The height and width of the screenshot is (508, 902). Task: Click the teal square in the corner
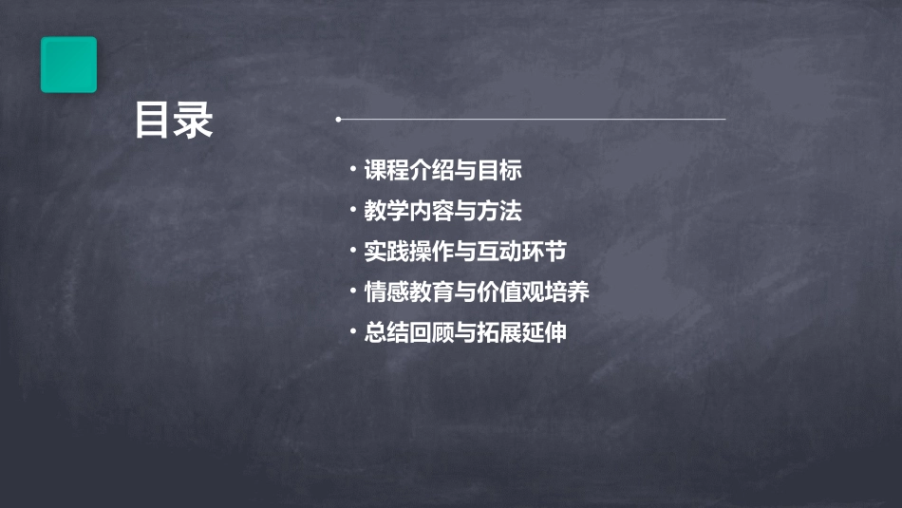tap(68, 65)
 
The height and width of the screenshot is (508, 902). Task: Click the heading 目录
tap(174, 121)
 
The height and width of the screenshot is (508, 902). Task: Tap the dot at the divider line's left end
tap(339, 120)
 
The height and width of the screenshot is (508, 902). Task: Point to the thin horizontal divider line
tap(532, 120)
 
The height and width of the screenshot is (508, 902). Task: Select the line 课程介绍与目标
tap(442, 171)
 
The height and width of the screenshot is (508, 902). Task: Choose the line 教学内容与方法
tap(442, 211)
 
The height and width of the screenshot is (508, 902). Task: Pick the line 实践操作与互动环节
tap(465, 252)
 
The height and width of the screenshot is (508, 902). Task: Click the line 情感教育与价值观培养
tap(477, 292)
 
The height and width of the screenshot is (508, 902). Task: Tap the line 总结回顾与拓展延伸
tap(465, 332)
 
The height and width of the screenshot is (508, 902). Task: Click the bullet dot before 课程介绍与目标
tap(353, 170)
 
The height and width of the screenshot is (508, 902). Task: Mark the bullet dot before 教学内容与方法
tap(353, 210)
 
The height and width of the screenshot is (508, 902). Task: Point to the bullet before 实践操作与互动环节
tap(353, 251)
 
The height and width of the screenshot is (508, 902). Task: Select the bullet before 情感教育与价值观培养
tap(353, 291)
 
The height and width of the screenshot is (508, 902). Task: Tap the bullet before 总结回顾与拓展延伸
tap(353, 331)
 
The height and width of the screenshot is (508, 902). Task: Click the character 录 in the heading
tap(194, 121)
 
